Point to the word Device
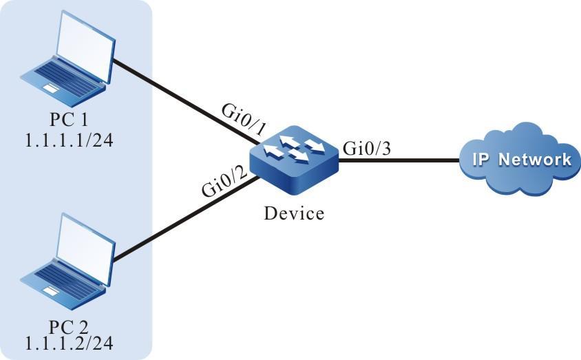point(294,214)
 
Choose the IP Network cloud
point(520,160)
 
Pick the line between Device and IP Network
point(399,160)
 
